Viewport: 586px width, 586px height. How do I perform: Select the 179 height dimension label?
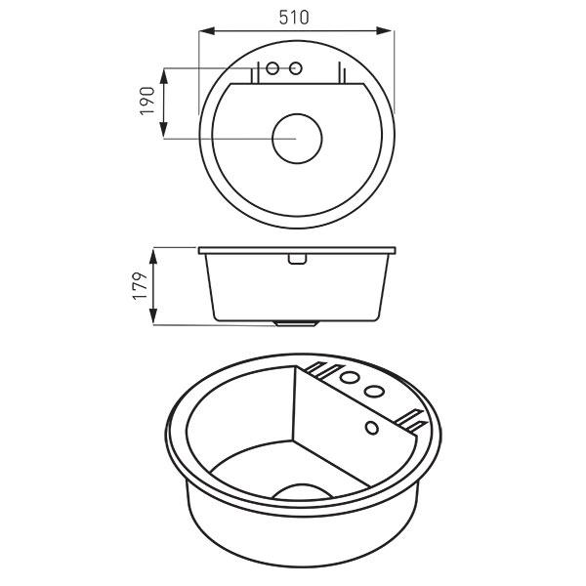click(140, 286)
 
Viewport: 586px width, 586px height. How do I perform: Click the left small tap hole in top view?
click(273, 68)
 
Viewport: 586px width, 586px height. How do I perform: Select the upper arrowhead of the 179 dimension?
click(153, 253)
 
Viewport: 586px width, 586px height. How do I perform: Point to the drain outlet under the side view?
click(296, 322)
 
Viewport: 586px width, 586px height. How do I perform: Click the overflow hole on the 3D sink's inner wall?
click(371, 428)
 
